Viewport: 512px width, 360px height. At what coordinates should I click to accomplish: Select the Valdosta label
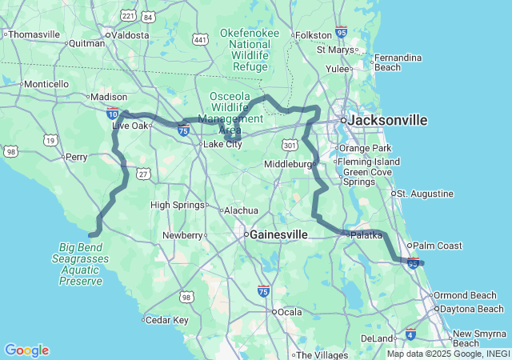130,35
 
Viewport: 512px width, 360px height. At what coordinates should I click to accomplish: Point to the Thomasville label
34,34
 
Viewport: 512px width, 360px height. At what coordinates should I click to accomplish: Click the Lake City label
222,144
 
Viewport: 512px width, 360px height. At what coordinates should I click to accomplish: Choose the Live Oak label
131,126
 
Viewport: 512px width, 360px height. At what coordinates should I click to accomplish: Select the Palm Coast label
436,246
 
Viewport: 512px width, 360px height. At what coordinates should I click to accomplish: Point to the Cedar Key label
166,320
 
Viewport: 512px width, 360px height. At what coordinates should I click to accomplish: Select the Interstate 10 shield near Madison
113,114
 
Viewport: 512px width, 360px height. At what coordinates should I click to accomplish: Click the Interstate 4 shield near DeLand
410,334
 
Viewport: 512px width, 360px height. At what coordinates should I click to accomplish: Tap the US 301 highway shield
289,145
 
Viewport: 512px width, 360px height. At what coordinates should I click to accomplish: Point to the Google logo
26,350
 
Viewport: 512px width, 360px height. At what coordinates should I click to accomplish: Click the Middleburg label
289,164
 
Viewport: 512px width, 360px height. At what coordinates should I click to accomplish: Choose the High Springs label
178,205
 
